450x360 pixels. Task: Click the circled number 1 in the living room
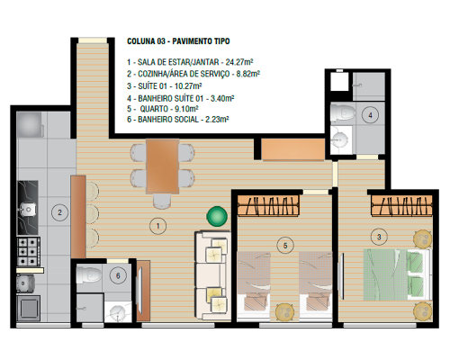pyautogui.click(x=157, y=226)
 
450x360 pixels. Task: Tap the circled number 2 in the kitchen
pyautogui.click(x=59, y=212)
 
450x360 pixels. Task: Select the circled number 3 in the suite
pyautogui.click(x=379, y=237)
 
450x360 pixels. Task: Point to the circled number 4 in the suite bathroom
pyautogui.click(x=370, y=115)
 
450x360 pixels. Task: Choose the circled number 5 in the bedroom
pyautogui.click(x=285, y=246)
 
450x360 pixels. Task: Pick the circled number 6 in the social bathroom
pyautogui.click(x=118, y=275)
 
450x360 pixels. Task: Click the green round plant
pyautogui.click(x=217, y=216)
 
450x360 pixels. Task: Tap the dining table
pyautogui.click(x=163, y=166)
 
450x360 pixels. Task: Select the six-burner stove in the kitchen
pyautogui.click(x=29, y=252)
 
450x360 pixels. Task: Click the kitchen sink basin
pyautogui.click(x=28, y=210)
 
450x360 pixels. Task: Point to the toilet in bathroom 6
pyautogui.click(x=89, y=274)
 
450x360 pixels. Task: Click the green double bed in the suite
pyautogui.click(x=398, y=274)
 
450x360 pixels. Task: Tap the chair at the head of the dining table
pyautogui.click(x=162, y=201)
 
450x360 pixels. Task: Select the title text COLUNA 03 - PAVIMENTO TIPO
pyautogui.click(x=178, y=41)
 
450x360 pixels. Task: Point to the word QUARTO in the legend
pyautogui.click(x=154, y=108)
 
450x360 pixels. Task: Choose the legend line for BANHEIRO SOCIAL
pyautogui.click(x=178, y=120)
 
